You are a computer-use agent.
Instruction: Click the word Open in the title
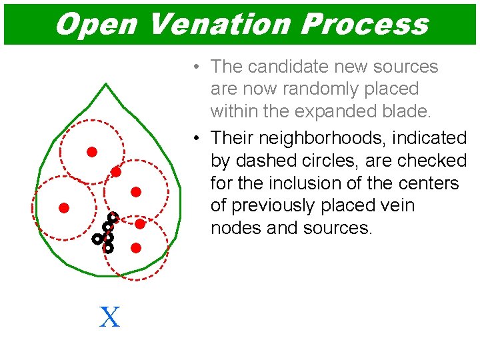tap(96, 24)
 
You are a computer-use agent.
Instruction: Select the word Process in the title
tap(364, 24)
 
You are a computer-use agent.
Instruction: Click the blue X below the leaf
tap(109, 317)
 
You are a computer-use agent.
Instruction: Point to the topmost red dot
tap(92, 152)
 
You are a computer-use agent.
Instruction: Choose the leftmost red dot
tap(64, 207)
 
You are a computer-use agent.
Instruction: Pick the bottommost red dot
tap(136, 248)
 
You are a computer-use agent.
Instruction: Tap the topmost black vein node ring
tap(113, 217)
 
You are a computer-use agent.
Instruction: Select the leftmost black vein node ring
tap(97, 238)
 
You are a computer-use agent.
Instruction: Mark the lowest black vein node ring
tap(109, 247)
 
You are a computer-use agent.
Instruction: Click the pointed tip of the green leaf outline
tap(106, 84)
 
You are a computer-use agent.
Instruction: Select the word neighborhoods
tap(323, 139)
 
